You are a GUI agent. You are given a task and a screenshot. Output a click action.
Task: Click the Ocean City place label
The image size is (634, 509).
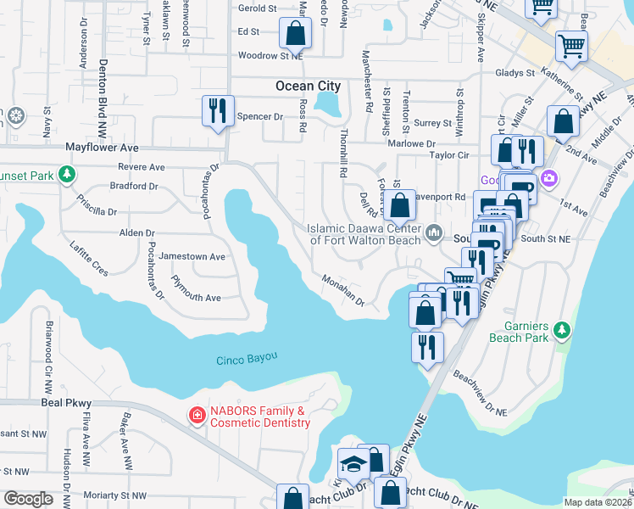[308, 86]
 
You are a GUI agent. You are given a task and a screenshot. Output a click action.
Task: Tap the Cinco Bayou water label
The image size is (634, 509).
[247, 358]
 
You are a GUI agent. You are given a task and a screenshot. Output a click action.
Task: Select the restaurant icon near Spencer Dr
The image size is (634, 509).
[218, 110]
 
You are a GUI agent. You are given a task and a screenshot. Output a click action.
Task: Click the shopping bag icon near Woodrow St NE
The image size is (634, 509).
[296, 35]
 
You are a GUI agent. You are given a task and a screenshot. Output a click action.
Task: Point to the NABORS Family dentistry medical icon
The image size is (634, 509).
[197, 415]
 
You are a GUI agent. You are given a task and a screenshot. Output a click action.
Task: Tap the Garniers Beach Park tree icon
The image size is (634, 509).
[560, 327]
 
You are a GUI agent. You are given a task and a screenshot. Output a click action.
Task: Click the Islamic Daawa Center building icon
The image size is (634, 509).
[435, 232]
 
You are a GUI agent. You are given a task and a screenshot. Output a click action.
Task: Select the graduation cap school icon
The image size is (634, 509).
[352, 463]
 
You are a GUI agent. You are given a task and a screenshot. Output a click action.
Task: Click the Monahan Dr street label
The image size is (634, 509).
[342, 290]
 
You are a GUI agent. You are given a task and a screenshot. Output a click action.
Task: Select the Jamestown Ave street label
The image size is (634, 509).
[192, 256]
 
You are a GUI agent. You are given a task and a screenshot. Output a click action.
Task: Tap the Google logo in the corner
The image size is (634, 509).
[29, 498]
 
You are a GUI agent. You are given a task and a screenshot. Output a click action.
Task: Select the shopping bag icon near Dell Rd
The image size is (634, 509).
[399, 204]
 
